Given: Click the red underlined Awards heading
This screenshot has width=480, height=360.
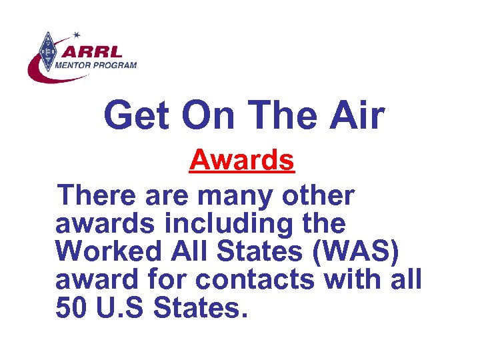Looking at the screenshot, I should tap(241, 160).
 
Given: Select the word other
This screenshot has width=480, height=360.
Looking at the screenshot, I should tap(318, 197).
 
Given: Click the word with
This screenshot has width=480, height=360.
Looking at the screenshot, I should tap(352, 281).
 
